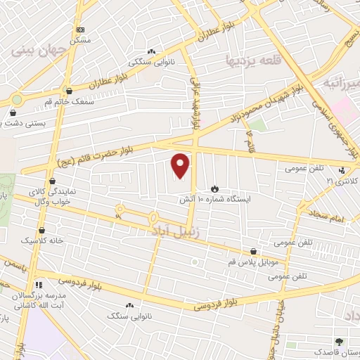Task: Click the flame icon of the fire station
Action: click(x=214, y=189)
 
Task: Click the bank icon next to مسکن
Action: click(x=80, y=30)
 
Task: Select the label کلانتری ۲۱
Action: click(x=341, y=181)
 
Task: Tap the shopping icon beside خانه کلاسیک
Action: click(x=42, y=230)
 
